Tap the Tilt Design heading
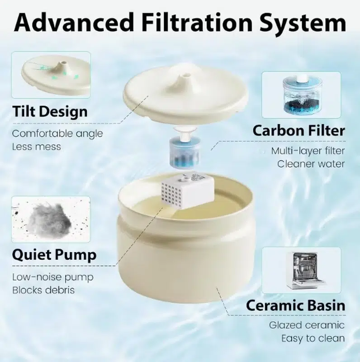[x=50, y=112]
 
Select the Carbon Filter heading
[x=299, y=130]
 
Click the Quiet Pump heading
[x=54, y=255]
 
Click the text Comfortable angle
[x=57, y=134]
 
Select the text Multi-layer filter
[x=308, y=151]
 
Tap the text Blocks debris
[x=43, y=290]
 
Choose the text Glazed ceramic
[x=307, y=325]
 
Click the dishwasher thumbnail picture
[x=301, y=270]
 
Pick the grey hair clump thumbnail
[x=51, y=219]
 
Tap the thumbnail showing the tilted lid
[x=51, y=75]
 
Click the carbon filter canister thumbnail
[x=301, y=95]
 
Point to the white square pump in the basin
[x=187, y=192]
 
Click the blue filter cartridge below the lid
[x=185, y=151]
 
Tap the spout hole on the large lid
[x=186, y=75]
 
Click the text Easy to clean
[x=313, y=338]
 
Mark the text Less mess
[x=37, y=147]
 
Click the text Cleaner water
[x=311, y=164]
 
